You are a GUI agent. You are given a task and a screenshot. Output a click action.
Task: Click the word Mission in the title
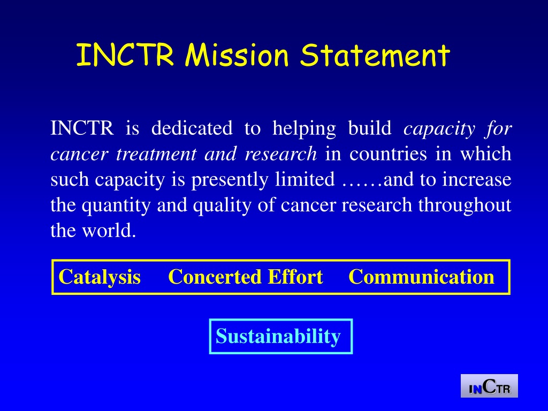pyautogui.click(x=237, y=55)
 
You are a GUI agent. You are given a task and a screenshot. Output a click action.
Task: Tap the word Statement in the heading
pyautogui.click(x=375, y=55)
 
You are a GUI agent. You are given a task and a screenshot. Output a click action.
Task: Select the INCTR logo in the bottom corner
pyautogui.click(x=489, y=386)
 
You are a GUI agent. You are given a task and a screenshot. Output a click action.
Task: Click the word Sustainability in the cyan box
pyautogui.click(x=278, y=336)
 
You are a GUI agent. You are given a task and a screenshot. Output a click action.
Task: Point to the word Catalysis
pyautogui.click(x=100, y=277)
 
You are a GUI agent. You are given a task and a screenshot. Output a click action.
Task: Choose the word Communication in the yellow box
pyautogui.click(x=422, y=277)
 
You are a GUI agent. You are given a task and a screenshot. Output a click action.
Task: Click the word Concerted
pyautogui.click(x=215, y=277)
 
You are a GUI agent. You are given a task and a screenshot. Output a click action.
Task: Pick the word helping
pyautogui.click(x=304, y=128)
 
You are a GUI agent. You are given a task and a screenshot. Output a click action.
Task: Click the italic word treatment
pyautogui.click(x=156, y=154)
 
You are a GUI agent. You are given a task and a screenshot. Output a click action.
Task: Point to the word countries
pyautogui.click(x=389, y=154)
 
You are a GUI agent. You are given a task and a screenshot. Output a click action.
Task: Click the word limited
pyautogui.click(x=305, y=179)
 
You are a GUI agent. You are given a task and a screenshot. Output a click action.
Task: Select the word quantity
pyautogui.click(x=116, y=205)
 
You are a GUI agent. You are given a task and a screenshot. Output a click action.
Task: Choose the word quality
pyautogui.click(x=222, y=205)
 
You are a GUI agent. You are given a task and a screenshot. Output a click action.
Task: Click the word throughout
pyautogui.click(x=465, y=205)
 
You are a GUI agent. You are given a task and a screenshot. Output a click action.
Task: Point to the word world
pyautogui.click(x=109, y=230)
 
